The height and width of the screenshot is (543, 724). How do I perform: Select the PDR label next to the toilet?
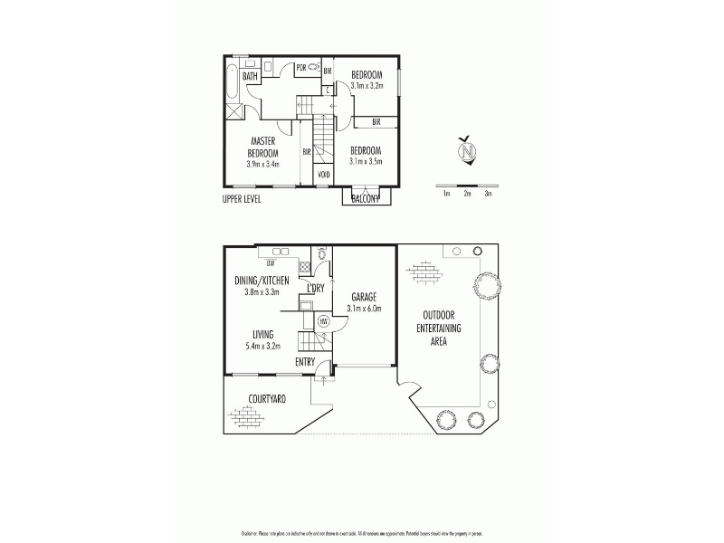(x=300, y=67)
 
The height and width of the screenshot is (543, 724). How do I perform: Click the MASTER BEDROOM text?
(x=263, y=147)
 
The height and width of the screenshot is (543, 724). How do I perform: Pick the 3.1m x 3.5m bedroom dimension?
(x=367, y=162)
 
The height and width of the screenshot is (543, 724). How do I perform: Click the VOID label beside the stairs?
(x=323, y=175)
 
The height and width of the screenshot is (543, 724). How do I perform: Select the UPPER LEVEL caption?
(x=242, y=198)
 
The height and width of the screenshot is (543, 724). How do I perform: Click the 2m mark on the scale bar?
(x=467, y=194)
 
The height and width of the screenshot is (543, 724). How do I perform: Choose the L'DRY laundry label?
(x=316, y=288)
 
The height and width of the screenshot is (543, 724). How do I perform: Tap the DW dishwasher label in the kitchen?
(x=270, y=263)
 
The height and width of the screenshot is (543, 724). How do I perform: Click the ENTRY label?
(x=306, y=363)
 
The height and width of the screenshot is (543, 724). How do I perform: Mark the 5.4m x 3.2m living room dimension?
(x=262, y=346)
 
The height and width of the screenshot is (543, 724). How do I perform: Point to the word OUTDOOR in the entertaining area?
(x=440, y=316)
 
